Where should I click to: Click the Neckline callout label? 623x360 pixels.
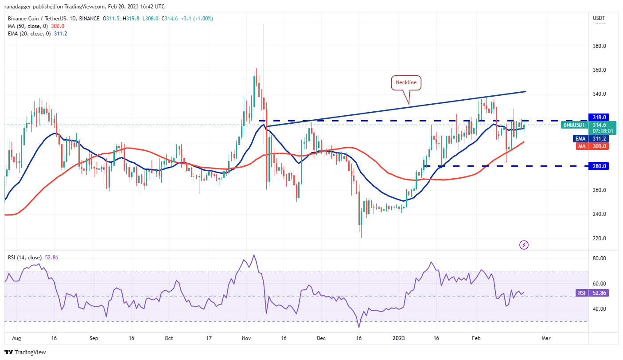click(406, 82)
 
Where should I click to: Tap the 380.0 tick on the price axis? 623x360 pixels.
click(599, 46)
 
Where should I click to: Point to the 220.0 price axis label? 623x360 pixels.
click(599, 239)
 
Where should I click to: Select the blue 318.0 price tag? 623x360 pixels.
click(599, 117)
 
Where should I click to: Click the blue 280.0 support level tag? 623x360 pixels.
click(599, 166)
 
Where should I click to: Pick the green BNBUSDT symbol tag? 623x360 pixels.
click(574, 125)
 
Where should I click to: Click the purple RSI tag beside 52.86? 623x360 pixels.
click(581, 293)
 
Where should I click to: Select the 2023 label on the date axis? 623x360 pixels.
click(399, 338)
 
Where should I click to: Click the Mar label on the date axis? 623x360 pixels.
click(546, 338)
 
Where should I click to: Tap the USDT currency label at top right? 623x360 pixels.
click(599, 18)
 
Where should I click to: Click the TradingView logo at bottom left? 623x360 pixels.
click(27, 352)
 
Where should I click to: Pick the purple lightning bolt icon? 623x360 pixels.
click(524, 245)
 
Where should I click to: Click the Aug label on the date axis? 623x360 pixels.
click(16, 338)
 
